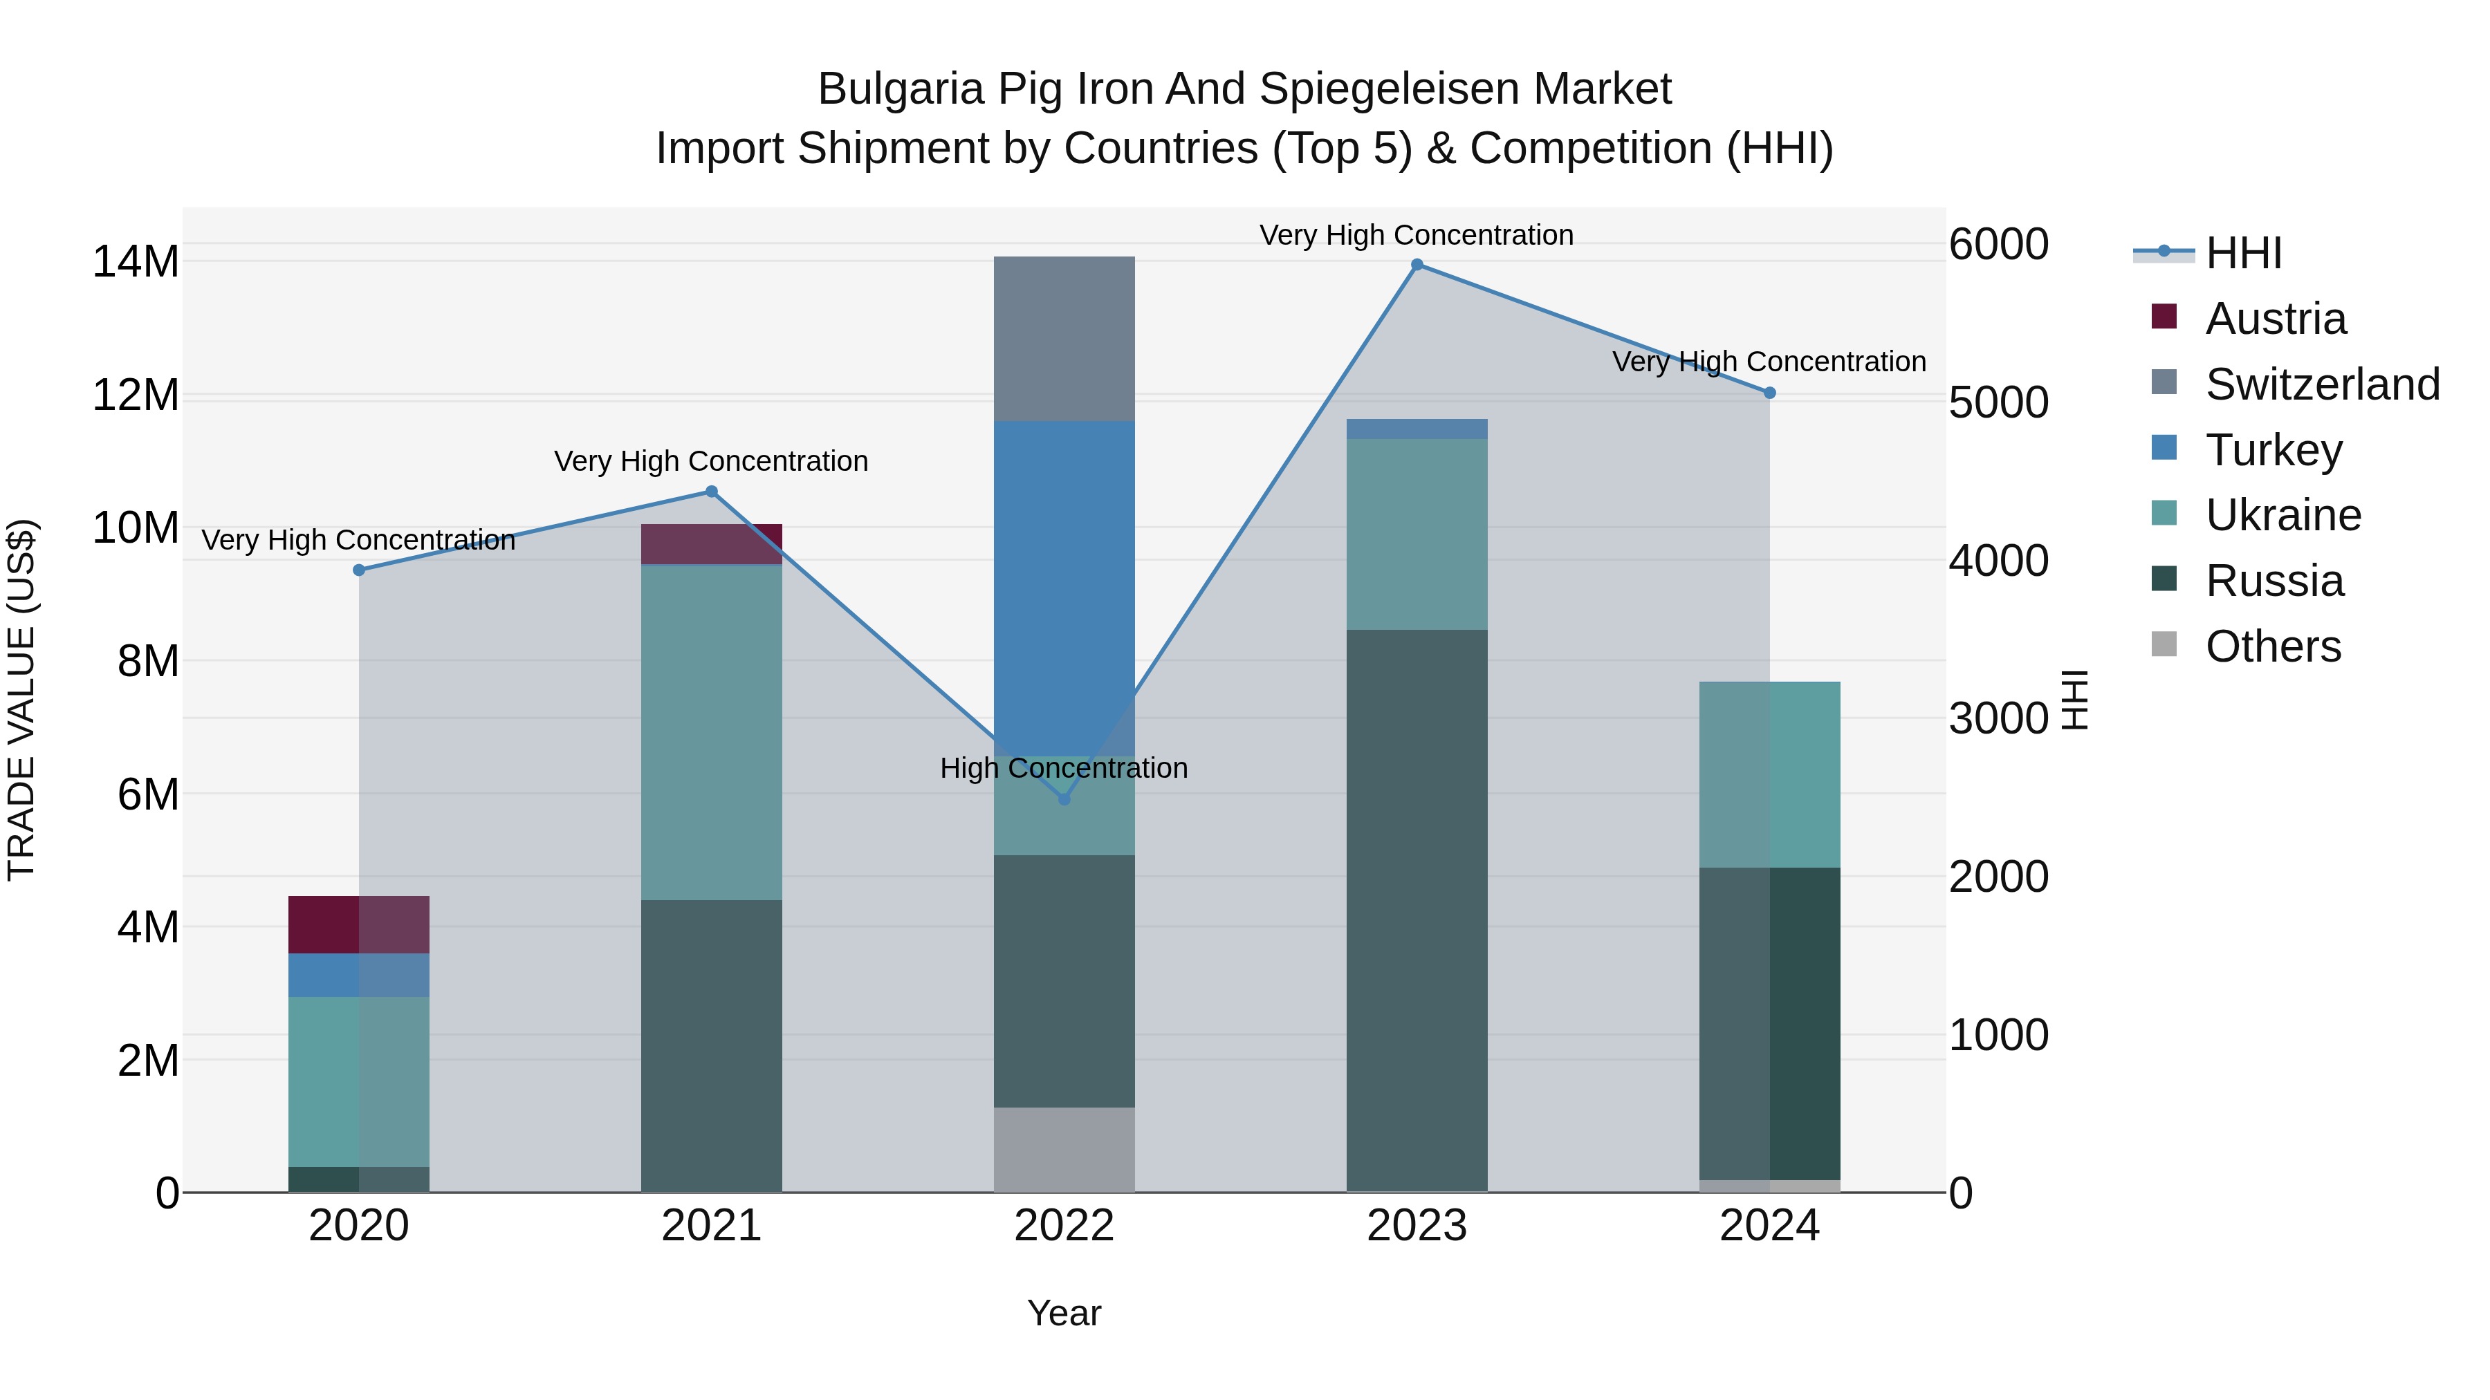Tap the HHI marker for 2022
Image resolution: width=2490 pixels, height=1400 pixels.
[1064, 799]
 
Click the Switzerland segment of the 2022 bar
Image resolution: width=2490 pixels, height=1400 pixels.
[1064, 338]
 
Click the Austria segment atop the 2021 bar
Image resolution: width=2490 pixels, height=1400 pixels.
[712, 544]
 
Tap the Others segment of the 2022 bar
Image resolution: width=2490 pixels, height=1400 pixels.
[1064, 1149]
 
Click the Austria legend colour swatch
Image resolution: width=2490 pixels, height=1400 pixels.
[2164, 317]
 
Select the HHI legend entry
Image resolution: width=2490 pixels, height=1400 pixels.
[2242, 253]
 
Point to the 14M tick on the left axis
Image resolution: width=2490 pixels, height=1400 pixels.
[136, 262]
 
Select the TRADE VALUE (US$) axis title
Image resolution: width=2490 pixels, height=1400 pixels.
[21, 700]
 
